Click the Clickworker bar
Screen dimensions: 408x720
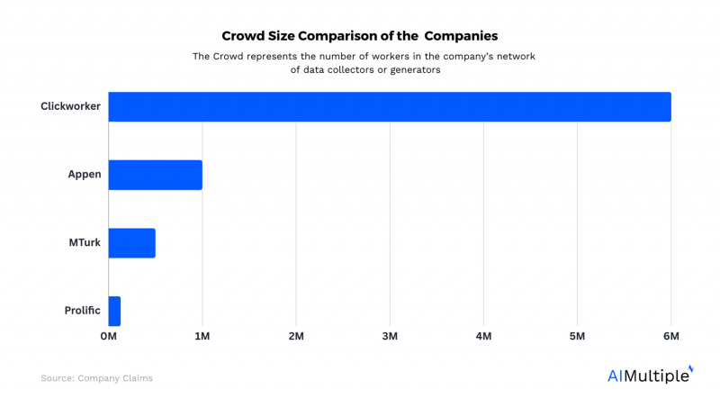pos(390,106)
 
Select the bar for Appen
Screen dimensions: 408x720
pos(155,175)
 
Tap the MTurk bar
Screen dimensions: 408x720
pos(131,243)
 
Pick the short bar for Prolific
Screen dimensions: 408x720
pos(114,311)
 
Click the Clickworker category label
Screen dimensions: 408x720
pos(70,106)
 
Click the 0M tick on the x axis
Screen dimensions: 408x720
pos(108,337)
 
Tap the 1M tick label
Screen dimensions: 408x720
pos(202,337)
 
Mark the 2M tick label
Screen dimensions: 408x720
pos(296,337)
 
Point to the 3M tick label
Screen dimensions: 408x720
pos(390,337)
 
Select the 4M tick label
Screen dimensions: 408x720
pos(483,337)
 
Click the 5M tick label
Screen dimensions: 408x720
pos(578,337)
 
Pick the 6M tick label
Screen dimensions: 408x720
pos(670,337)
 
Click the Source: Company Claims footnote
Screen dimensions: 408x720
pos(96,378)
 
